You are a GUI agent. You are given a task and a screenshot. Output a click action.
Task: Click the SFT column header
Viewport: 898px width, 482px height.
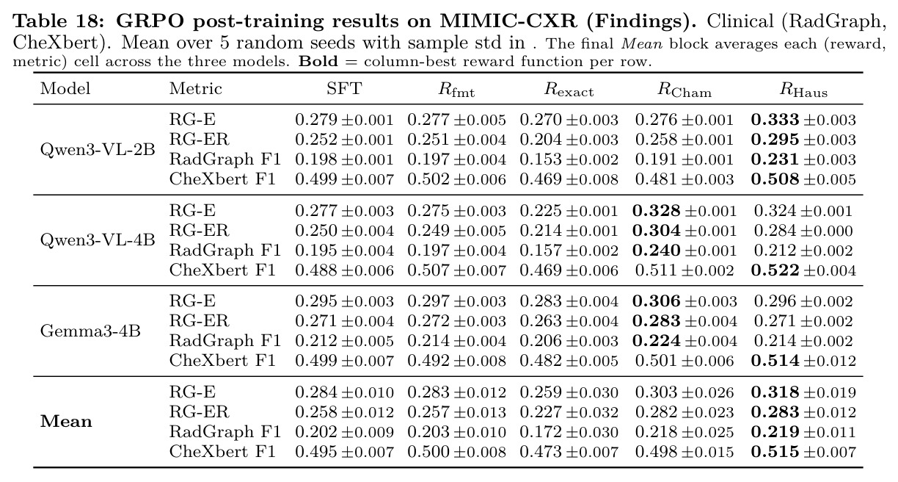(x=344, y=88)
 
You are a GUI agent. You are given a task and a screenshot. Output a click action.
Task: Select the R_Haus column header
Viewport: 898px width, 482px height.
(x=803, y=90)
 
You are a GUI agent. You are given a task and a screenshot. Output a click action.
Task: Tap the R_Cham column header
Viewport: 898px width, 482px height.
(x=685, y=90)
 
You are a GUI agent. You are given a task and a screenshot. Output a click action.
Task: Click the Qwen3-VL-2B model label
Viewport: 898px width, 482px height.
(x=98, y=150)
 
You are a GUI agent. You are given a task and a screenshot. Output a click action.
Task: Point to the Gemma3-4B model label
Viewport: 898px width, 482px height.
(x=90, y=331)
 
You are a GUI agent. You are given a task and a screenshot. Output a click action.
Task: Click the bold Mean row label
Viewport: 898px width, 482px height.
(x=66, y=422)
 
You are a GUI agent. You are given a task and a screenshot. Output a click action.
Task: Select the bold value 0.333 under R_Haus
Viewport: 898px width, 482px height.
(x=775, y=120)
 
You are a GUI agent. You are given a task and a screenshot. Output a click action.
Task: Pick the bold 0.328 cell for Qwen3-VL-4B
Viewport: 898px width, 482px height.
(x=657, y=211)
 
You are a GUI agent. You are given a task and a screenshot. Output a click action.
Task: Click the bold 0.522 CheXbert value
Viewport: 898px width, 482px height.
(x=775, y=270)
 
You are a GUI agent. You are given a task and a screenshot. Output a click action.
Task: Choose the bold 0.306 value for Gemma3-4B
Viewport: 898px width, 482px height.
(x=657, y=301)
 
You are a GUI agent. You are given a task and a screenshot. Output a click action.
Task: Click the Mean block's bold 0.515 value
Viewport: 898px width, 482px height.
(x=775, y=452)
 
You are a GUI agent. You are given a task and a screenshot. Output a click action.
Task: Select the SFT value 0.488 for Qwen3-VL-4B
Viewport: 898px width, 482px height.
(x=317, y=270)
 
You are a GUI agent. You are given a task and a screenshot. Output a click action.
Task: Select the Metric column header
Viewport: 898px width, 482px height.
(x=196, y=88)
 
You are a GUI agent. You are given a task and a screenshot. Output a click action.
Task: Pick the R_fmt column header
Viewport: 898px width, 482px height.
(x=456, y=90)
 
